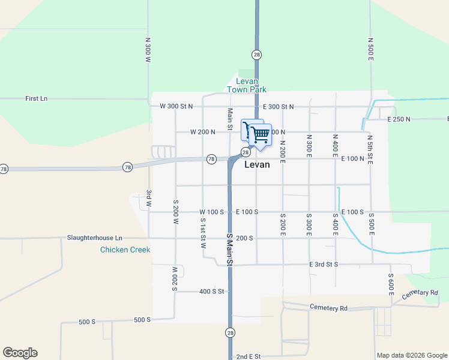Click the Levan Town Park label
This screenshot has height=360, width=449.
(x=246, y=85)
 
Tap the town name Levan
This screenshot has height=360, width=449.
(x=257, y=164)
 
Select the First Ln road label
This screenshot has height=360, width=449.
(x=36, y=98)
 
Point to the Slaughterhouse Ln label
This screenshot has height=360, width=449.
(x=94, y=238)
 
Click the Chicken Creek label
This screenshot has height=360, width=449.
(x=125, y=250)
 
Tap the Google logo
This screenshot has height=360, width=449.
(x=20, y=353)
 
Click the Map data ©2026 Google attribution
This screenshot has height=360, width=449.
(x=412, y=355)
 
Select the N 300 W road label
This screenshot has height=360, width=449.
(x=148, y=51)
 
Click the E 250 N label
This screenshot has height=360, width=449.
(x=399, y=119)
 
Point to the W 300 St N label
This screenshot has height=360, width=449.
(x=176, y=106)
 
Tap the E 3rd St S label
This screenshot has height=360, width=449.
(x=324, y=264)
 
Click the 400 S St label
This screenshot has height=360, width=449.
(x=211, y=292)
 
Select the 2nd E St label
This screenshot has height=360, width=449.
(x=248, y=356)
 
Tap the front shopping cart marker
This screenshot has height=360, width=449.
(x=259, y=136)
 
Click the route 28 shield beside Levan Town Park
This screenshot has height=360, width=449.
(x=257, y=55)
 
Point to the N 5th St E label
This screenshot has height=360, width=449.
(x=370, y=148)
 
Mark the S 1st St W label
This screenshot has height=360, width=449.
(x=203, y=233)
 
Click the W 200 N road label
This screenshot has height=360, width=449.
(x=202, y=132)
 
